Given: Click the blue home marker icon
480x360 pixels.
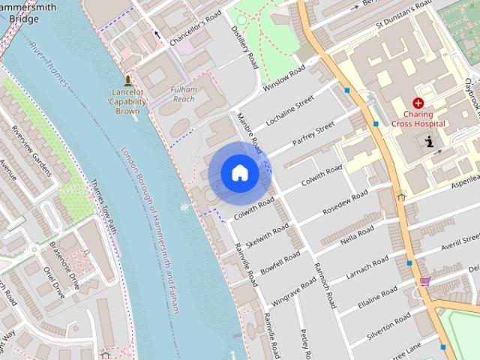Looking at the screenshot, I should pyautogui.click(x=240, y=173).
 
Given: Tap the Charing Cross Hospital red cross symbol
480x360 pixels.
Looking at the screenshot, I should pyautogui.click(x=418, y=103).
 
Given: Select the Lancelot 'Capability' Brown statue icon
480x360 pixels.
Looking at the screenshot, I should pyautogui.click(x=127, y=80).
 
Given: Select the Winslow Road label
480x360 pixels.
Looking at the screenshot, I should pyautogui.click(x=285, y=79).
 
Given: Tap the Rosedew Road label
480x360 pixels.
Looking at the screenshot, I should pyautogui.click(x=345, y=201).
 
